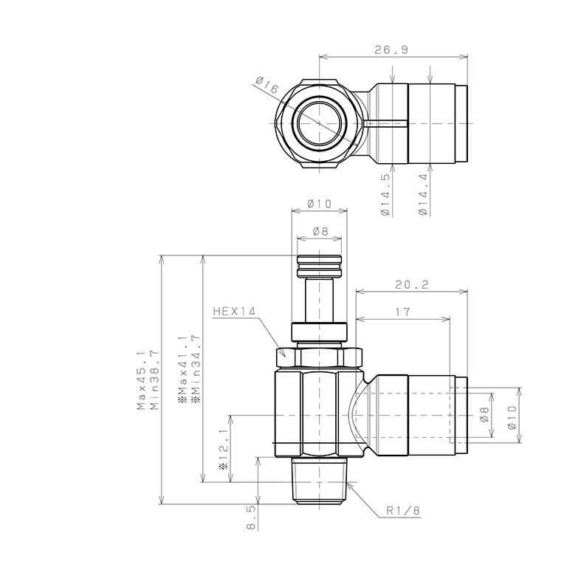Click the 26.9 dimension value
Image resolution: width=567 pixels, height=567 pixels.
[x=391, y=49]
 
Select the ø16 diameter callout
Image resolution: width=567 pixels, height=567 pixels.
[x=267, y=89]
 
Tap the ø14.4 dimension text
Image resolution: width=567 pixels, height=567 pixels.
[x=422, y=194]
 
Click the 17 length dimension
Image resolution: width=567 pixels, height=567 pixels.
[x=402, y=312]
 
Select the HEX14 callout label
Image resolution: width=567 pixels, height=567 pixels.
[x=233, y=312]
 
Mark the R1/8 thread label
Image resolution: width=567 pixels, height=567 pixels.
[x=403, y=510]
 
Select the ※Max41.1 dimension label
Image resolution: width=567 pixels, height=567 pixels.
[x=182, y=367]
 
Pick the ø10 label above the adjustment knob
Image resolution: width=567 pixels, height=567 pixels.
[x=319, y=203]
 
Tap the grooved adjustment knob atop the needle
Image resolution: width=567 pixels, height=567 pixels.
[x=319, y=267]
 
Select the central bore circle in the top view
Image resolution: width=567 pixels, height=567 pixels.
[x=320, y=122]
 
